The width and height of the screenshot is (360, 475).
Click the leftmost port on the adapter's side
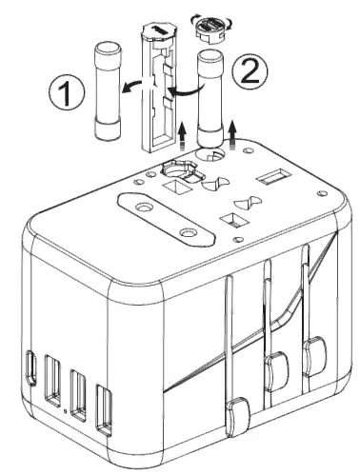pos(35,366)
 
